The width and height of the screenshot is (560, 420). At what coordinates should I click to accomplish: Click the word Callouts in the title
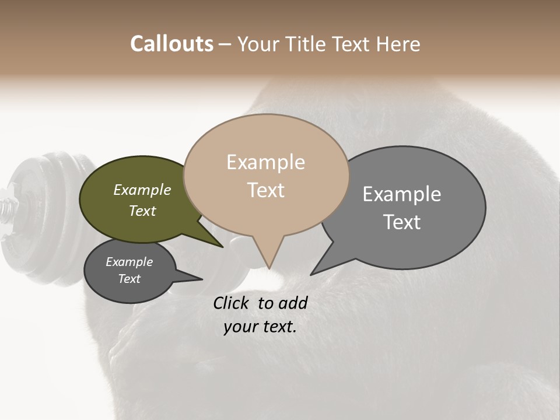coord(171,44)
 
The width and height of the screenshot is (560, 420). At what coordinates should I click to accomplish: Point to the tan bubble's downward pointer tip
coord(269,267)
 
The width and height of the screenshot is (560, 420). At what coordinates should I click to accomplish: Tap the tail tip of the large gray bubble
coord(313,273)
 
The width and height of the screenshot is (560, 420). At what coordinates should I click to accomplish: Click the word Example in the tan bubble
coord(265,162)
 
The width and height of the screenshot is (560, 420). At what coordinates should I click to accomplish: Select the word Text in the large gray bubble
coord(402,222)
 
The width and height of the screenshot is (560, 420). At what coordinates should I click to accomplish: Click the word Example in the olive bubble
coord(142,190)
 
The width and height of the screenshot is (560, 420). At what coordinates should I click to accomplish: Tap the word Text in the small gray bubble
coord(129,279)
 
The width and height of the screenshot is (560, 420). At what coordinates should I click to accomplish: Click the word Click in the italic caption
coord(232,303)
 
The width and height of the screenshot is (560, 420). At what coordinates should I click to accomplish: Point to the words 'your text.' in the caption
coord(260,327)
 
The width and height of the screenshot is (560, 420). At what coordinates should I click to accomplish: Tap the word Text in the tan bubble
coord(266,190)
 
